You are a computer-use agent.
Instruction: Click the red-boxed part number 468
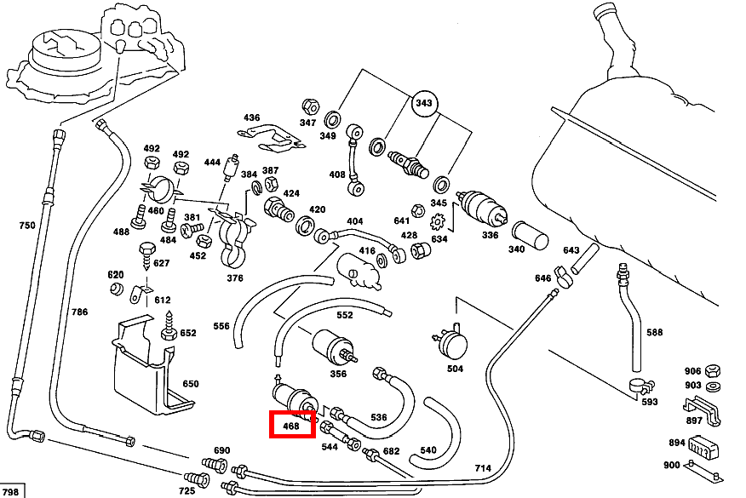coord(292,425)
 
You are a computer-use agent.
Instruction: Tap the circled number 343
coord(423,104)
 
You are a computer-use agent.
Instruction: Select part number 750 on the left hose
coord(27,226)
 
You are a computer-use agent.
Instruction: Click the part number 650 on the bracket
coord(190,384)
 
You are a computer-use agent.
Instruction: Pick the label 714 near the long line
coord(483,468)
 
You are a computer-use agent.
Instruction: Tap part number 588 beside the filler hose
coord(654,332)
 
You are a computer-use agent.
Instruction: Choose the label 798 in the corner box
coord(10,491)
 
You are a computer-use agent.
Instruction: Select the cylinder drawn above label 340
coord(531,233)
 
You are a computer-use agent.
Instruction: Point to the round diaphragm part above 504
coord(453,343)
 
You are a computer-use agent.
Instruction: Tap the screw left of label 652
coord(169,330)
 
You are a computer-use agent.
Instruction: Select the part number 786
coord(79,312)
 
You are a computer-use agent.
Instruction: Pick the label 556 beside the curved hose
coord(221,326)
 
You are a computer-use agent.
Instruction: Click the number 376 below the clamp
coord(235,278)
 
